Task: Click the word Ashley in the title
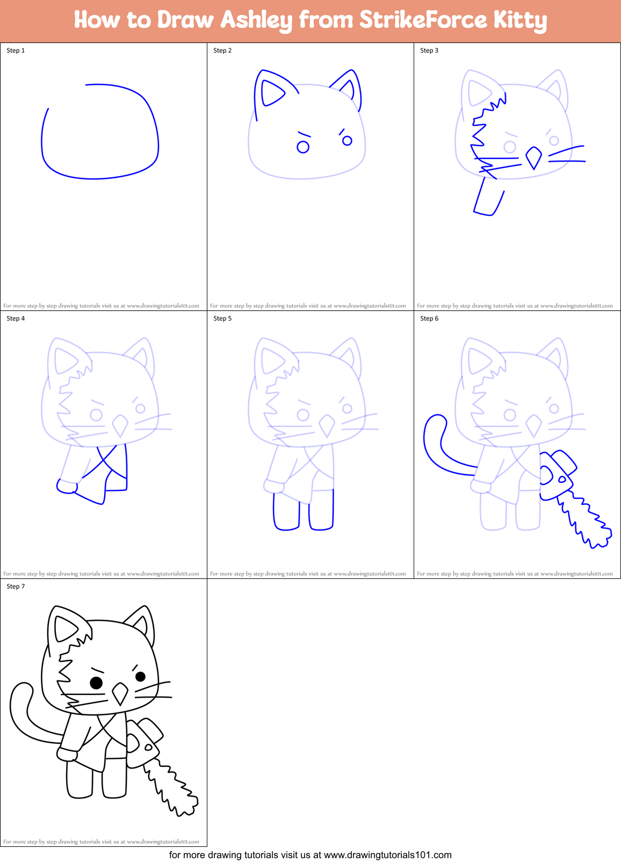256,20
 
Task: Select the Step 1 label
16,50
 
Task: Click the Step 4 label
16,318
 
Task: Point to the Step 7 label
16,586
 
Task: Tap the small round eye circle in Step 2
303,147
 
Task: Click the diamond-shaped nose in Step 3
533,157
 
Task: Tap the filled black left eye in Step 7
96,683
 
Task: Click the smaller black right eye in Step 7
140,676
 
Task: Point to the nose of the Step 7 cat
120,693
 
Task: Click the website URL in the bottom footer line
387,855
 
